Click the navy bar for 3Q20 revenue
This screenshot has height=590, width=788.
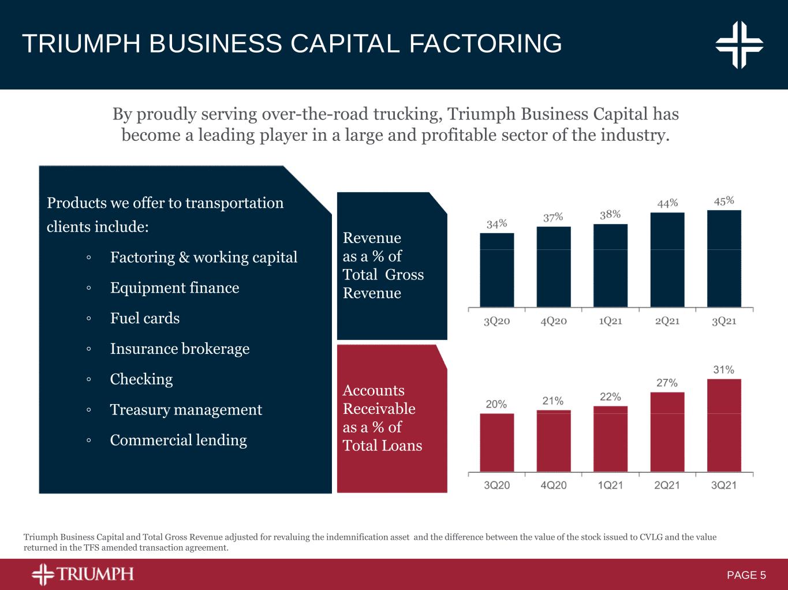[x=496, y=270]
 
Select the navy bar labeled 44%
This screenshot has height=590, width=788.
[x=667, y=259]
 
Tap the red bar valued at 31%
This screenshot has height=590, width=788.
[x=724, y=425]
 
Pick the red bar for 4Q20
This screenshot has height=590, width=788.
[x=553, y=440]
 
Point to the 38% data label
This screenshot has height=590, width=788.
[x=610, y=215]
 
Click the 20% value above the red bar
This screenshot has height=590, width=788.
[x=496, y=404]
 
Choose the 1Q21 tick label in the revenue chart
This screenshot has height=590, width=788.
[x=610, y=321]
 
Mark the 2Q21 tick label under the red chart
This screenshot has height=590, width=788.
[x=667, y=486]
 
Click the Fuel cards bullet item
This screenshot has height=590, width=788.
[x=145, y=318]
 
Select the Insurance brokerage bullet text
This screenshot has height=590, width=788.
[x=180, y=349]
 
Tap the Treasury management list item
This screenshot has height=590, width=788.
[x=186, y=410]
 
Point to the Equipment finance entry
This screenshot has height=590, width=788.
[x=174, y=287]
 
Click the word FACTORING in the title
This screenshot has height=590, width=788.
[x=486, y=44]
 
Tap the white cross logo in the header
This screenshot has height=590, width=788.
[x=740, y=44]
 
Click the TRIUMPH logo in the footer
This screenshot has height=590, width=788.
[x=83, y=574]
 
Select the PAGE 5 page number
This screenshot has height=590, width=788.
[x=746, y=575]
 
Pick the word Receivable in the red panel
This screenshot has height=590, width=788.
[x=379, y=409]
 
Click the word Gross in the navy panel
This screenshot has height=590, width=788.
[x=404, y=275]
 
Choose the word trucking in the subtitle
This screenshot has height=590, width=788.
[x=408, y=114]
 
